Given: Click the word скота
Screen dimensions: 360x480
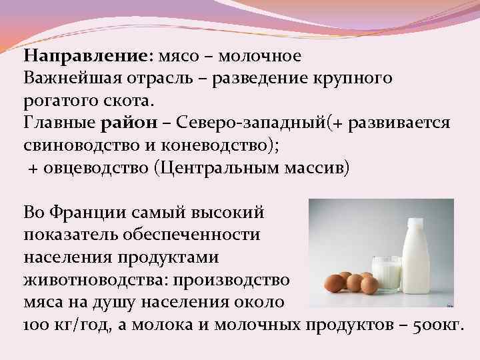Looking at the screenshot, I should tap(133, 102).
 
